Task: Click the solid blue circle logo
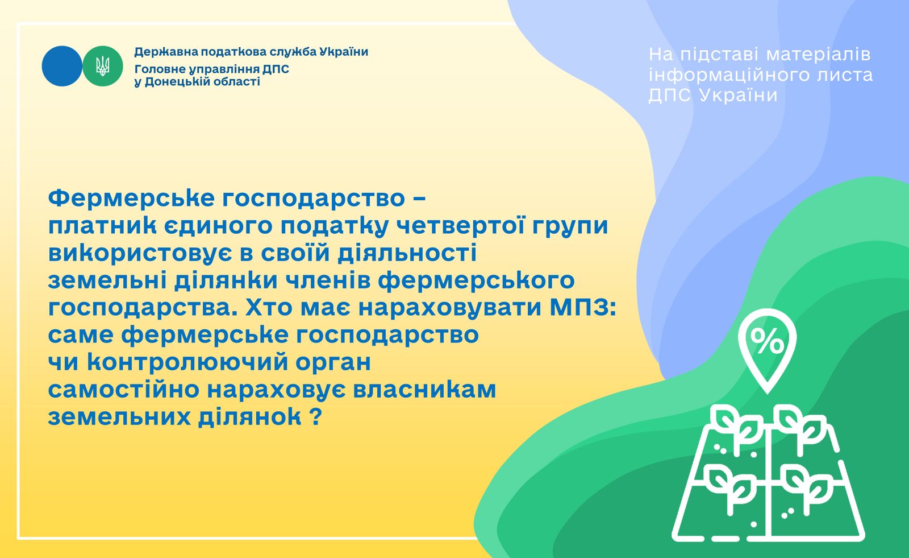pos(62,66)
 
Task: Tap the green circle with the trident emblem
pos(103,66)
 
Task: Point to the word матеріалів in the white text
pos(818,55)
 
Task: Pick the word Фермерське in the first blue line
pos(131,199)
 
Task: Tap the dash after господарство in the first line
pos(420,199)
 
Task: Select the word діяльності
pos(407,253)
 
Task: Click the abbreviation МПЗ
pos(583,308)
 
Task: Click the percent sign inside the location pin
pos(766,341)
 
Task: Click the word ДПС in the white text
pos(670,96)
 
